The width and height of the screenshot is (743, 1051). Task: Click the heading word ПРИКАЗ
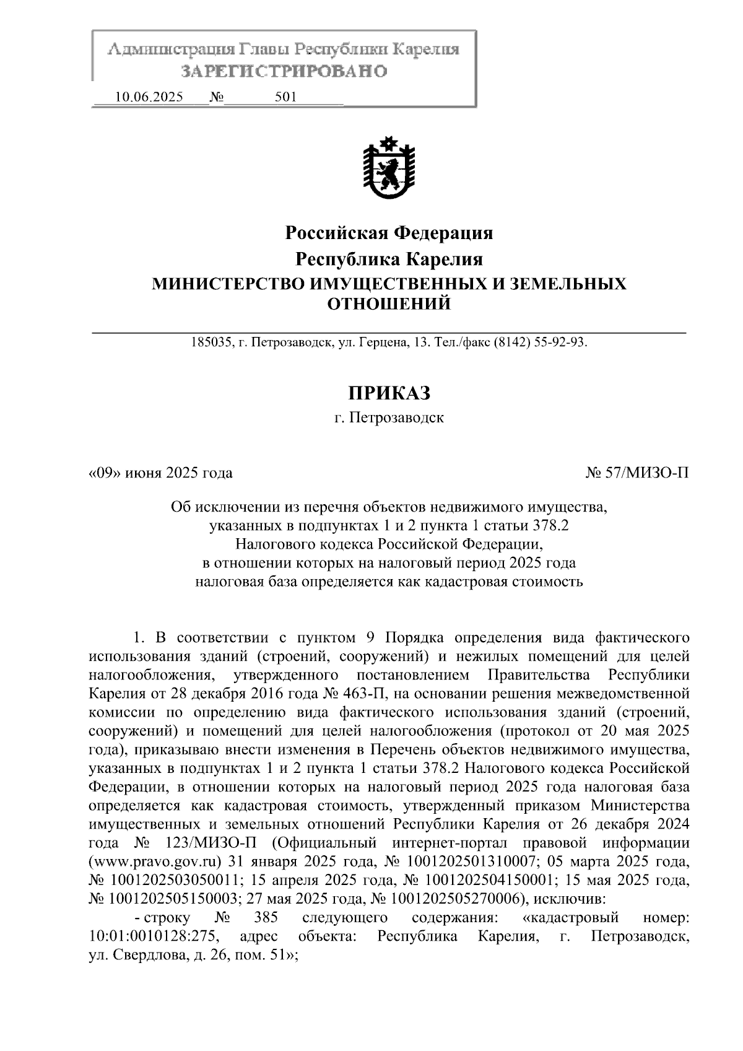[389, 393]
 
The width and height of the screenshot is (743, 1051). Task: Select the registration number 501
[285, 97]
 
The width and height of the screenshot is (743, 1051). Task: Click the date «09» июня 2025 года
[161, 474]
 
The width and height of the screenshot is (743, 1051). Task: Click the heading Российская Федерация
[389, 233]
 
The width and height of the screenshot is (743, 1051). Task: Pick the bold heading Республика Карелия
[389, 258]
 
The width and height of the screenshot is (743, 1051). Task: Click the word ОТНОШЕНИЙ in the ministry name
[389, 304]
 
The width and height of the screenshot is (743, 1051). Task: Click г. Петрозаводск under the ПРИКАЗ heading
[389, 418]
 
